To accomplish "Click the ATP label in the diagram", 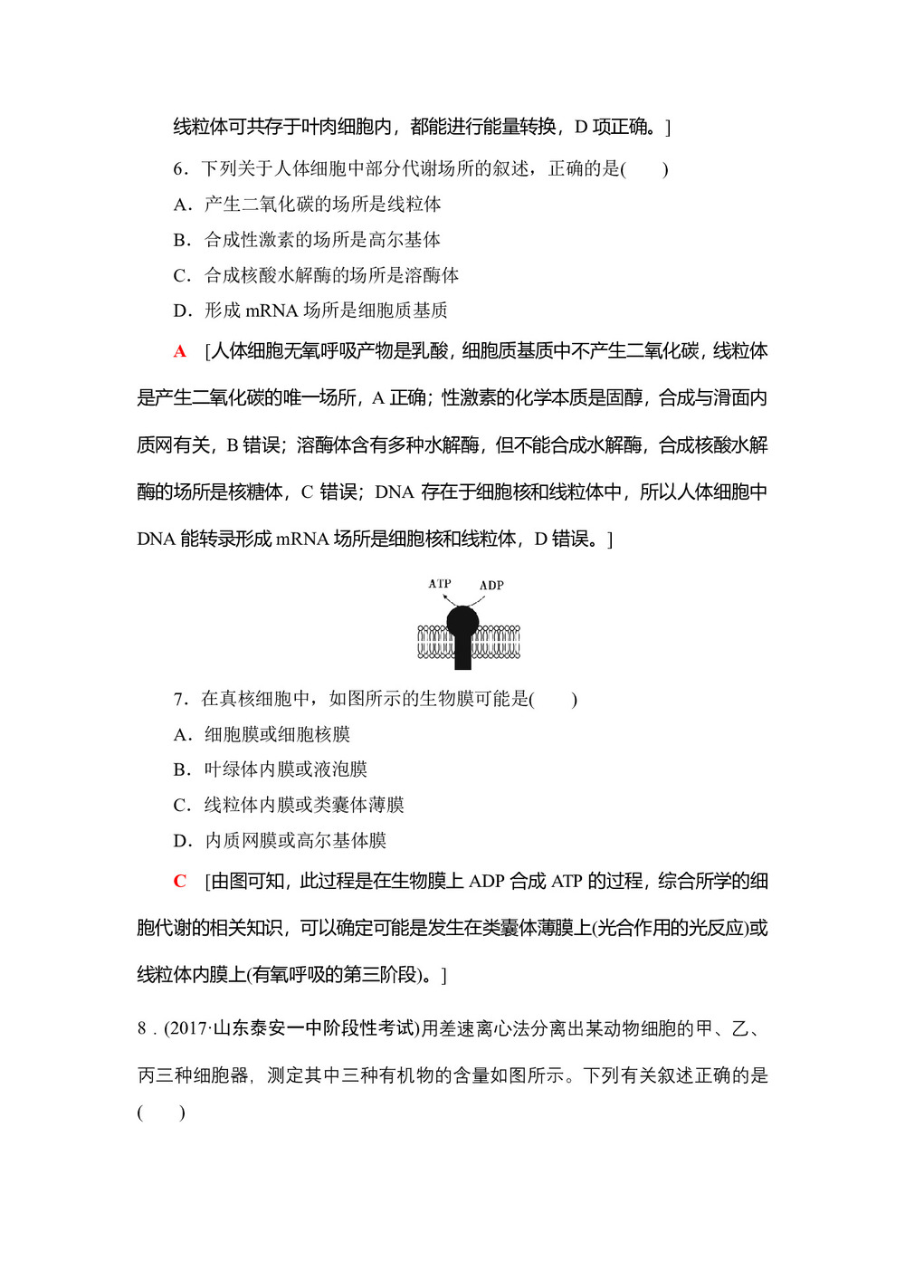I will pyautogui.click(x=440, y=584).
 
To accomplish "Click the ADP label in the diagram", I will pyautogui.click(x=491, y=586).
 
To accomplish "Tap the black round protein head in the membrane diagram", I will pyautogui.click(x=462, y=620).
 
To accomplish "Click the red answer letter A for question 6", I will pyautogui.click(x=180, y=351).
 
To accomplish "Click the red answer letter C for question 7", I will pyautogui.click(x=180, y=881).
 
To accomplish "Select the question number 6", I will pyautogui.click(x=179, y=169).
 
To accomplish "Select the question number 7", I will pyautogui.click(x=179, y=699).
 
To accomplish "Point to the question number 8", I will pyautogui.click(x=142, y=1028).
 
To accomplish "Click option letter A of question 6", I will pyautogui.click(x=180, y=205).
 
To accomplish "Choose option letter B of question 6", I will pyautogui.click(x=180, y=240).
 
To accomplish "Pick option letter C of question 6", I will pyautogui.click(x=180, y=275).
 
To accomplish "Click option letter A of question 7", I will pyautogui.click(x=180, y=734).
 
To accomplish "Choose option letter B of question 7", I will pyautogui.click(x=180, y=769).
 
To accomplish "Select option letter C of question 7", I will pyautogui.click(x=180, y=805).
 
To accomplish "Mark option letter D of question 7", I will pyautogui.click(x=180, y=841).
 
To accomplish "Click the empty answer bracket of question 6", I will pyautogui.click(x=645, y=169).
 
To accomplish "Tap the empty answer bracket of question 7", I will pyautogui.click(x=554, y=699).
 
